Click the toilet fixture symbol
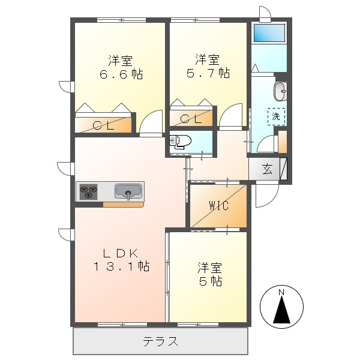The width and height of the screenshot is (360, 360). [x=180, y=141]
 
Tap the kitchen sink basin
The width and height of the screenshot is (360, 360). [x=128, y=191]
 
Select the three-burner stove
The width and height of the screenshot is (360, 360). [x=88, y=191]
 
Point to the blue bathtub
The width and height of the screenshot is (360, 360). [x=269, y=33]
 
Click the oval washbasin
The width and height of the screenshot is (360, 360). [x=280, y=91]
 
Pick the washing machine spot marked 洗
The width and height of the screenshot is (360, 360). [x=276, y=116]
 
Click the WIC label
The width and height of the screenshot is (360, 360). [x=219, y=205]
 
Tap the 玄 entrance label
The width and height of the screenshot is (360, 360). [x=268, y=170]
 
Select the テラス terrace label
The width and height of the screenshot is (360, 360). [x=160, y=341]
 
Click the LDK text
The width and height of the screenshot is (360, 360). [x=121, y=254]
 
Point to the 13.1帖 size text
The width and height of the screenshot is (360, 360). [x=121, y=266]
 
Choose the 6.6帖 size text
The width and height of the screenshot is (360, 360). [x=121, y=74]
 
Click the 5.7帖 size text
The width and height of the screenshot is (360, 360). [x=208, y=73]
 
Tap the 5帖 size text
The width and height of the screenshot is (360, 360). [x=211, y=281]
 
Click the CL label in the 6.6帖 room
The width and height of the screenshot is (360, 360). [x=103, y=125]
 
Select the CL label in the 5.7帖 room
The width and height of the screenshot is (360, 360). [x=191, y=119]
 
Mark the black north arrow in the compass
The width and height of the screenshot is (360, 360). [x=281, y=309]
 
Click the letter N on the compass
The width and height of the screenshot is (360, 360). [x=281, y=292]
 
